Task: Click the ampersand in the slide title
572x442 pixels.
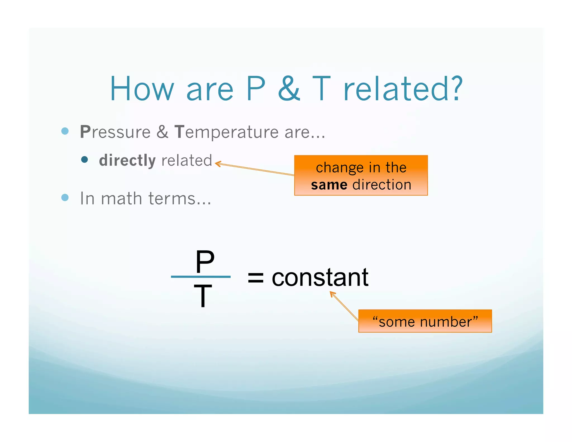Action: (289, 89)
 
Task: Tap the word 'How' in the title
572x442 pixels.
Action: (142, 89)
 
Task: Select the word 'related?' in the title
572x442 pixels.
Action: (403, 89)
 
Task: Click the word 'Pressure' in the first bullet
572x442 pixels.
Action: (115, 132)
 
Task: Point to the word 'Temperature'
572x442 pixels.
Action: (226, 132)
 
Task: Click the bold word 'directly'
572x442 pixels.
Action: (127, 160)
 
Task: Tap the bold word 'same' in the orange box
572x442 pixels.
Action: (329, 185)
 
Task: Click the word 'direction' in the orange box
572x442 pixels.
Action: (382, 185)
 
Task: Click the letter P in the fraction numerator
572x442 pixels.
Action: (205, 262)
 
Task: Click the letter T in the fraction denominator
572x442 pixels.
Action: (203, 296)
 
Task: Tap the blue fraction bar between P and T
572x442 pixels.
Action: (201, 277)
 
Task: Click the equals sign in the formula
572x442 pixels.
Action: (255, 278)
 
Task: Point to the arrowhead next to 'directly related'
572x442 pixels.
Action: (217, 164)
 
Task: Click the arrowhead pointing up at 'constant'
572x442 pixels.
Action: (332, 293)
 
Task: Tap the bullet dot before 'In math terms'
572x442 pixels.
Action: (65, 198)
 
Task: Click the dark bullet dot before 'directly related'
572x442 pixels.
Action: (84, 160)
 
